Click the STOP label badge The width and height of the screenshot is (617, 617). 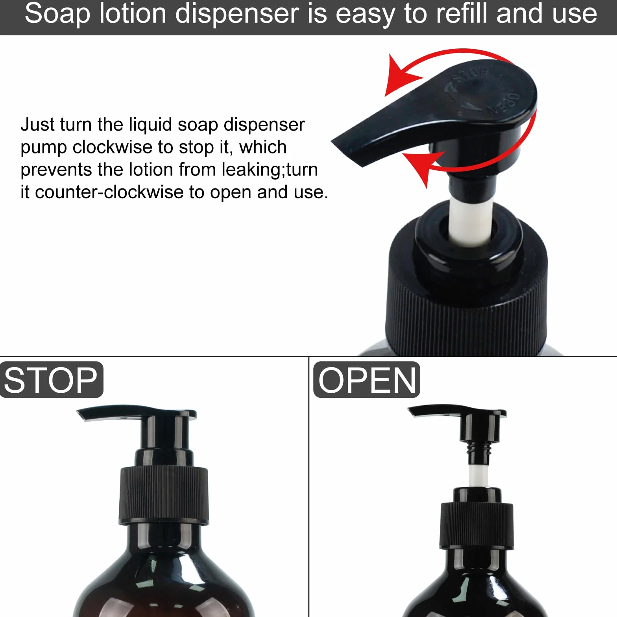click(x=52, y=380)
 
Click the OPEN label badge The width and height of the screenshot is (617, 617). click(x=367, y=380)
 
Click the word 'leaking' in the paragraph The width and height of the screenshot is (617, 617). click(x=252, y=170)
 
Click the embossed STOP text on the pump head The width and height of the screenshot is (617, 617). click(x=470, y=74)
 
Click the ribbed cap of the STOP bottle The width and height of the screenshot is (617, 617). click(x=164, y=496)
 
